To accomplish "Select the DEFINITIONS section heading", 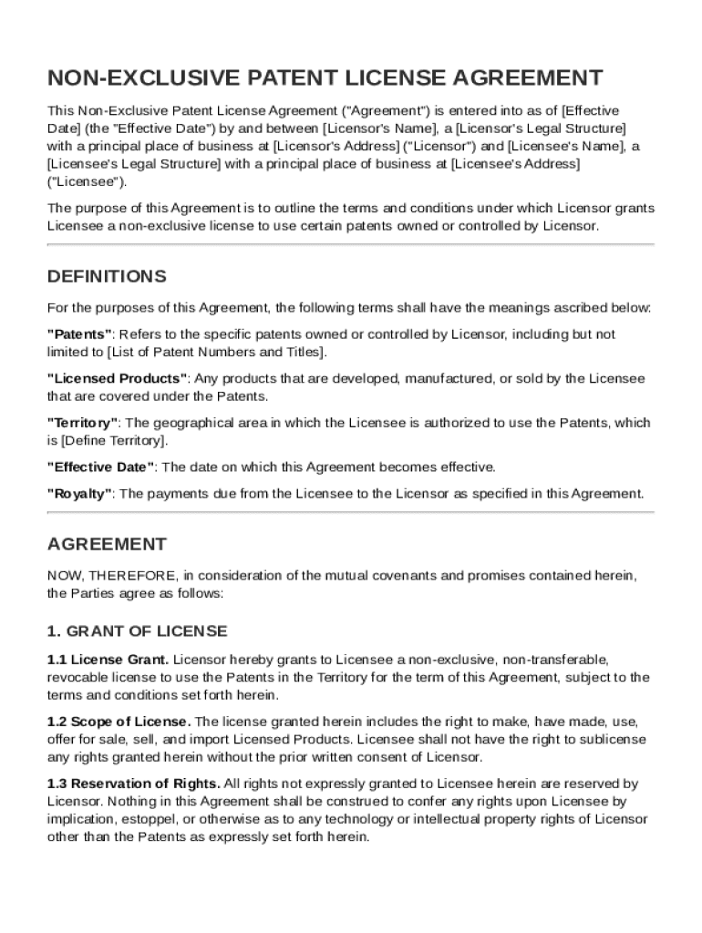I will click(107, 276).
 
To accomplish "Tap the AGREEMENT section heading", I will click(107, 544).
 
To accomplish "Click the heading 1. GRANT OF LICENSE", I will click(137, 631).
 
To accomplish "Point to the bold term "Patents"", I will click(80, 334).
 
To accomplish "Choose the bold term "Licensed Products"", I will click(118, 378).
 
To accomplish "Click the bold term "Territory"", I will click(83, 423).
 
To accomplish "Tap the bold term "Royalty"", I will click(80, 494).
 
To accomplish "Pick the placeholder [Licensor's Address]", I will click(336, 146).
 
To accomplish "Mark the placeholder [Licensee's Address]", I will click(516, 163).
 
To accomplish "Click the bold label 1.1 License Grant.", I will click(108, 659).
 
